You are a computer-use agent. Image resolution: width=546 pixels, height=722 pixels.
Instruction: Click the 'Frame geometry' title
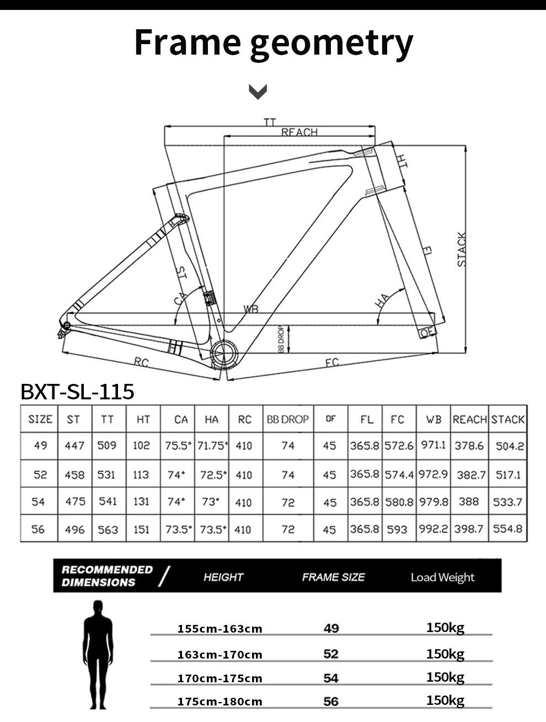point(273,43)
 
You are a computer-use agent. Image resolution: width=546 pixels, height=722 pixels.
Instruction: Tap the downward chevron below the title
point(258,91)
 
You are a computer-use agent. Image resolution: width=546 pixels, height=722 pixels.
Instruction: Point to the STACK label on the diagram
point(462,250)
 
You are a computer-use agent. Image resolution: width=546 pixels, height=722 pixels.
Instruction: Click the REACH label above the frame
point(299,132)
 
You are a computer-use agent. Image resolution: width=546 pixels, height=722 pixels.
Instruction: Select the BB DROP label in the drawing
point(281,339)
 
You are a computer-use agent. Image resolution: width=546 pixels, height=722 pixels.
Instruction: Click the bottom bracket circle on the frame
point(224,354)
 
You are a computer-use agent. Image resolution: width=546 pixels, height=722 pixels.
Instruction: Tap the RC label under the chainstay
point(141,362)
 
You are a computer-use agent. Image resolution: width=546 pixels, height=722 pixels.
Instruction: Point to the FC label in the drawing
point(331,362)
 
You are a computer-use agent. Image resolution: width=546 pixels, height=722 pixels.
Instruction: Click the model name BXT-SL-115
point(77,391)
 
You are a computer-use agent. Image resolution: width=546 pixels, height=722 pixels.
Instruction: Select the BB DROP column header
point(288,419)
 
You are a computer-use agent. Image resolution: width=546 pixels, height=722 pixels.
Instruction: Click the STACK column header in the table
point(508,419)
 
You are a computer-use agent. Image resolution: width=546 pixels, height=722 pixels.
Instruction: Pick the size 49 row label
point(40,445)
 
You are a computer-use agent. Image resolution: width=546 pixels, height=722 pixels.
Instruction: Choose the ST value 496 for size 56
point(74,529)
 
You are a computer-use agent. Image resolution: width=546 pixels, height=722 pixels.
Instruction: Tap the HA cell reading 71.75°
point(212,446)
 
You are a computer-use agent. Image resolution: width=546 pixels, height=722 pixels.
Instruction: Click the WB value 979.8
point(433,502)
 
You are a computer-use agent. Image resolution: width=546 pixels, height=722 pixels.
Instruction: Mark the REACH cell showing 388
point(469,501)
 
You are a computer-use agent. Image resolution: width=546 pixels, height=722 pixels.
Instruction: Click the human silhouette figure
point(98,654)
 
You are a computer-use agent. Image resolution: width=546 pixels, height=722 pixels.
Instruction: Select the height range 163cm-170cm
point(220,655)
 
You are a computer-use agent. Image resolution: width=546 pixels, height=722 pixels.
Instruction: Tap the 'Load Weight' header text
point(442,577)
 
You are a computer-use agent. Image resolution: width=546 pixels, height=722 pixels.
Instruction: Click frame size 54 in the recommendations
point(331,678)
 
